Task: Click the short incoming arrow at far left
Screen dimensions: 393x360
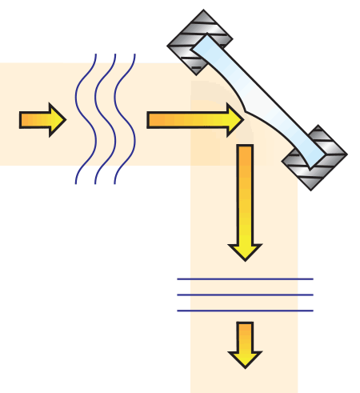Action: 40,119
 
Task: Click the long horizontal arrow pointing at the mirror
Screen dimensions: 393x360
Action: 192,119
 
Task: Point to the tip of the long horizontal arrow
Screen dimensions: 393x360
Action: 241,119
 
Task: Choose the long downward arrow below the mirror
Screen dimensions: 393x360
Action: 245,200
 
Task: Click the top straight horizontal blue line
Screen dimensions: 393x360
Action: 245,279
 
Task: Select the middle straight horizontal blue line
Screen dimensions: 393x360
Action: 245,295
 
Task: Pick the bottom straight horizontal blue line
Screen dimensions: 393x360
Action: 245,311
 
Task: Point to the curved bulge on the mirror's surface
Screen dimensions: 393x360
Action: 240,106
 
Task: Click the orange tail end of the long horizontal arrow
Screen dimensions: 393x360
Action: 156,119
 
